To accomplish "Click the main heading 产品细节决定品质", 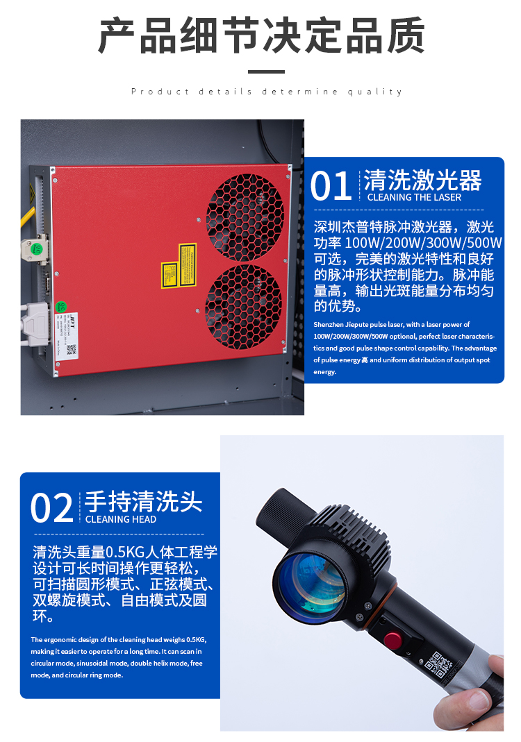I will tap(260, 36).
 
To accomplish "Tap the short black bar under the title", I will tap(266, 71).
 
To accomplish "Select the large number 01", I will tap(331, 187).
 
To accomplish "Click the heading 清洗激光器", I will tap(422, 180).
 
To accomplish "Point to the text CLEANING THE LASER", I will tap(414, 197).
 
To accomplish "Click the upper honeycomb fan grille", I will tap(245, 216).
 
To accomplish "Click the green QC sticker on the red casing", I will tap(60, 305).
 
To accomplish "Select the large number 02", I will tap(52, 509).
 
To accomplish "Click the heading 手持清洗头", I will tap(143, 501).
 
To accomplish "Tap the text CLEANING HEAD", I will tap(120, 519).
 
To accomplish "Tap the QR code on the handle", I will tap(438, 665).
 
